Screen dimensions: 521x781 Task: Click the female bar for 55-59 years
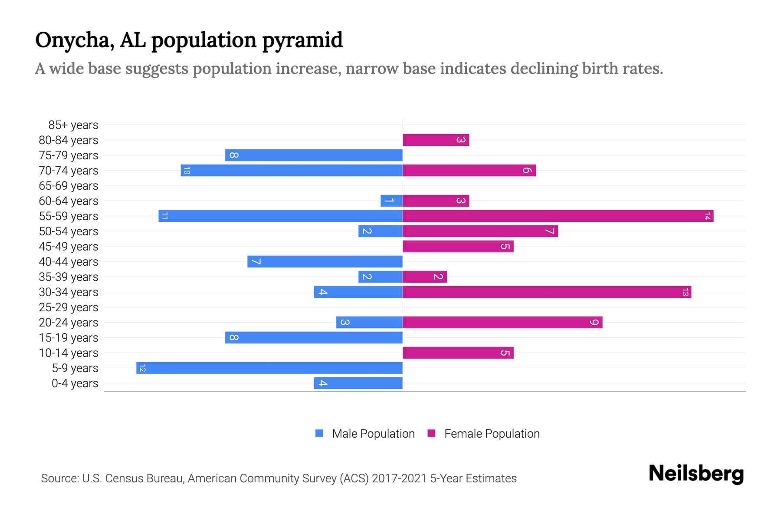(x=558, y=216)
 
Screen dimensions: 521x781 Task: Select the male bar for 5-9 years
(x=269, y=368)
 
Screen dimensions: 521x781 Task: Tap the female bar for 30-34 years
(x=547, y=292)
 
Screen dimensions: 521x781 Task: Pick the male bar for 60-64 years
(x=391, y=201)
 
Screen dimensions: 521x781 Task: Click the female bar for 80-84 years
(x=436, y=140)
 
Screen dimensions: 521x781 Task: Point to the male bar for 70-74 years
(x=292, y=171)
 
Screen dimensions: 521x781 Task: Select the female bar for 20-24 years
(x=502, y=323)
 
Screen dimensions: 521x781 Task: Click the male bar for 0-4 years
(x=358, y=383)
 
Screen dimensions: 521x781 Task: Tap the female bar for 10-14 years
(x=458, y=353)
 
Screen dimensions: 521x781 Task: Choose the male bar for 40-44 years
(x=325, y=262)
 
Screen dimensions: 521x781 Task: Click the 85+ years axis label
(x=73, y=125)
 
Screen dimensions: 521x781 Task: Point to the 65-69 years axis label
(x=69, y=186)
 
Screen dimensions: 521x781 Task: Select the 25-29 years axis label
(x=69, y=307)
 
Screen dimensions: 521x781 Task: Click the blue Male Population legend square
(x=319, y=433)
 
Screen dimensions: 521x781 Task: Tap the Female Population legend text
(x=492, y=434)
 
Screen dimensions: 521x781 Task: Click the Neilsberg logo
(x=696, y=474)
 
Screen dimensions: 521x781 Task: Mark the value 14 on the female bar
(x=707, y=216)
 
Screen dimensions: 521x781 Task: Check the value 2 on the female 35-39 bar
(x=438, y=277)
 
